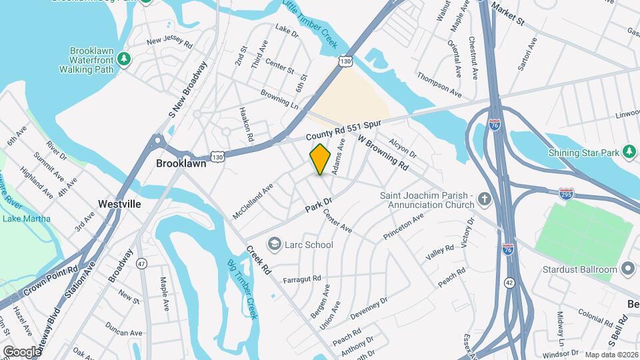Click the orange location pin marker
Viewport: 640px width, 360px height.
(x=320, y=159)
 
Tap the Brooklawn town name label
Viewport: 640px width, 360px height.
(x=181, y=163)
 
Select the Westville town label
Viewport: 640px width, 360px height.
(x=119, y=204)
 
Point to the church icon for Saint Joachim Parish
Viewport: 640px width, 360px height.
(x=485, y=199)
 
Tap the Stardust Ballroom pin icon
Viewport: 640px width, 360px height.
(x=627, y=269)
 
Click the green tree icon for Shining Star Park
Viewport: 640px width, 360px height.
(x=628, y=152)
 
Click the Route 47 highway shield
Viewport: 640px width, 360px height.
(x=141, y=263)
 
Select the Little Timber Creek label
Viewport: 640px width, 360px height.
(x=311, y=25)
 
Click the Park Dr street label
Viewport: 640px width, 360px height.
(x=319, y=205)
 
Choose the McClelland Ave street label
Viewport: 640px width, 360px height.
(x=253, y=202)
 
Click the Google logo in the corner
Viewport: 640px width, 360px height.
(x=21, y=351)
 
